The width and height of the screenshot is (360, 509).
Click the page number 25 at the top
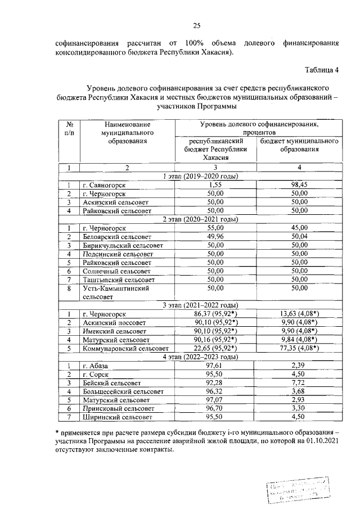(x=197, y=25)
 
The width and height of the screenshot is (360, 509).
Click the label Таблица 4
(x=322, y=70)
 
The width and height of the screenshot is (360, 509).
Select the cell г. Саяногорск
(x=104, y=185)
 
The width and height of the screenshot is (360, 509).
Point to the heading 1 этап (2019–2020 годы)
(x=200, y=176)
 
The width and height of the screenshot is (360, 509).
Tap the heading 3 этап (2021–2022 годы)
(x=200, y=305)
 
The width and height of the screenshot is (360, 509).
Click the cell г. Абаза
(x=98, y=366)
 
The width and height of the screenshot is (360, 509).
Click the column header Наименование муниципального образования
(x=127, y=132)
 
